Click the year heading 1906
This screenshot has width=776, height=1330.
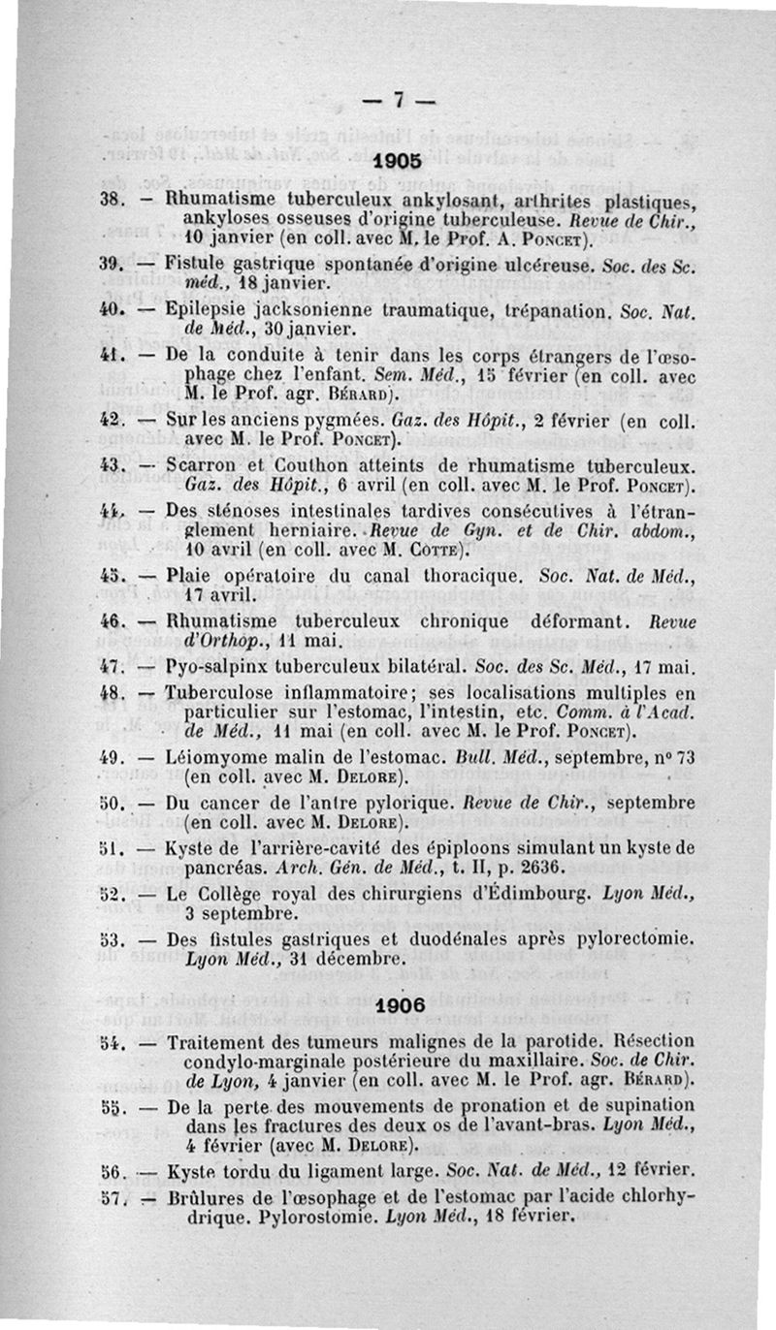400,1005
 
